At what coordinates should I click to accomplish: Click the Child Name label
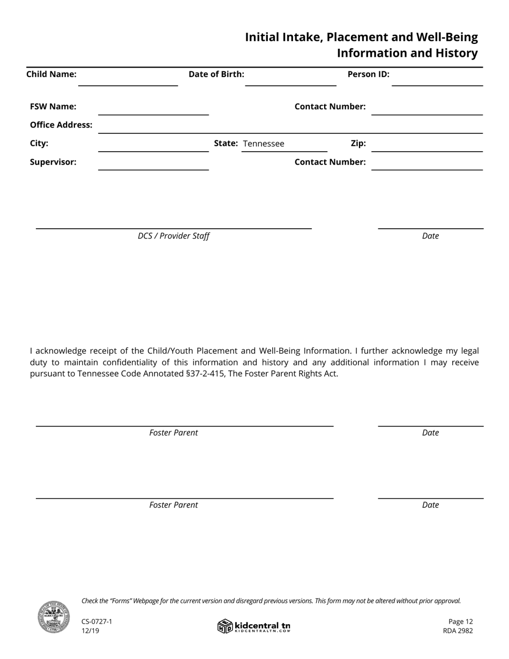[51, 74]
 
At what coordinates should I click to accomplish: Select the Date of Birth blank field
[290, 80]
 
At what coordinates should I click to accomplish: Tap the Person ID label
[368, 74]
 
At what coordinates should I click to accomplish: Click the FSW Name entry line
[153, 110]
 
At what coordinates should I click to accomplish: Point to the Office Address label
[61, 125]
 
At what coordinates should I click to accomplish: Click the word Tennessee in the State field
[264, 144]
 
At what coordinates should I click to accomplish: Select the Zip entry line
[427, 147]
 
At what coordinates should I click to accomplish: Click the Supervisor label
[53, 162]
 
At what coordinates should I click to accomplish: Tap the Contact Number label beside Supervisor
[330, 162]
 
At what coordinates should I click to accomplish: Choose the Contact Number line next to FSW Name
[427, 110]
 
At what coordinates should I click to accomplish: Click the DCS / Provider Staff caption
[174, 236]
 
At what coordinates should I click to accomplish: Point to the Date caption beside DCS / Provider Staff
[430, 236]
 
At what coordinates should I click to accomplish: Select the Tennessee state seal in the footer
[54, 617]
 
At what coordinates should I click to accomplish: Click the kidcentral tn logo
[254, 626]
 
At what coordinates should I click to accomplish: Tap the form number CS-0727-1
[97, 621]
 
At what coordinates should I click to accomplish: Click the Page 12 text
[460, 621]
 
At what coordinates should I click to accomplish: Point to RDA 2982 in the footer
[458, 631]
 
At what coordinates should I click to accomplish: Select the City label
[39, 144]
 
